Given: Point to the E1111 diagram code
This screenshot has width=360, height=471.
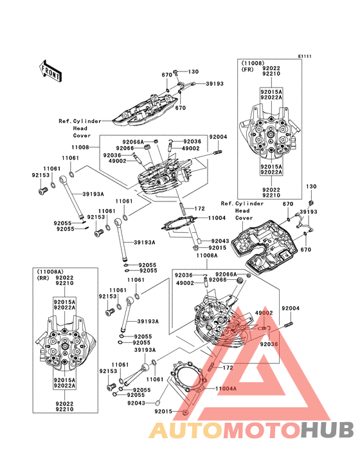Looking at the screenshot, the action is click(305, 57).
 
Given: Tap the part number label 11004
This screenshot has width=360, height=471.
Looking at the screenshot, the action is click(217, 217).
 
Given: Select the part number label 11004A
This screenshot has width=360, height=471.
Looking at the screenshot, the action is click(226, 389).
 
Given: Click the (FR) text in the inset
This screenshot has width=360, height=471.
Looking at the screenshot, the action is click(248, 69).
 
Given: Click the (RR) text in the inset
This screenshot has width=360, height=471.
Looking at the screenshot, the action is click(42, 278).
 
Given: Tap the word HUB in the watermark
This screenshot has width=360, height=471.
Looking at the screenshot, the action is click(328, 430).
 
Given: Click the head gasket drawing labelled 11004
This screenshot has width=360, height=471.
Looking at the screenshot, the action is click(179, 226).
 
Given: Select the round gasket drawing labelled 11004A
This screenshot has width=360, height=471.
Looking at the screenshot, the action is click(188, 377).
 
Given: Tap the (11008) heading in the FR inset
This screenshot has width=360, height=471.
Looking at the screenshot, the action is click(253, 64).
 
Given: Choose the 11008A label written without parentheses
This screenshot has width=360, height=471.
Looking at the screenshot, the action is click(207, 255).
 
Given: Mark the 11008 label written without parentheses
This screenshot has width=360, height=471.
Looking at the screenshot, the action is click(80, 147).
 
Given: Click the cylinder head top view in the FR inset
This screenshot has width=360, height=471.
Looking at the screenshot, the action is click(269, 131).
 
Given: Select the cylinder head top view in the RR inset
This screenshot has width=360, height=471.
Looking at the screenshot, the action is click(65, 344).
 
